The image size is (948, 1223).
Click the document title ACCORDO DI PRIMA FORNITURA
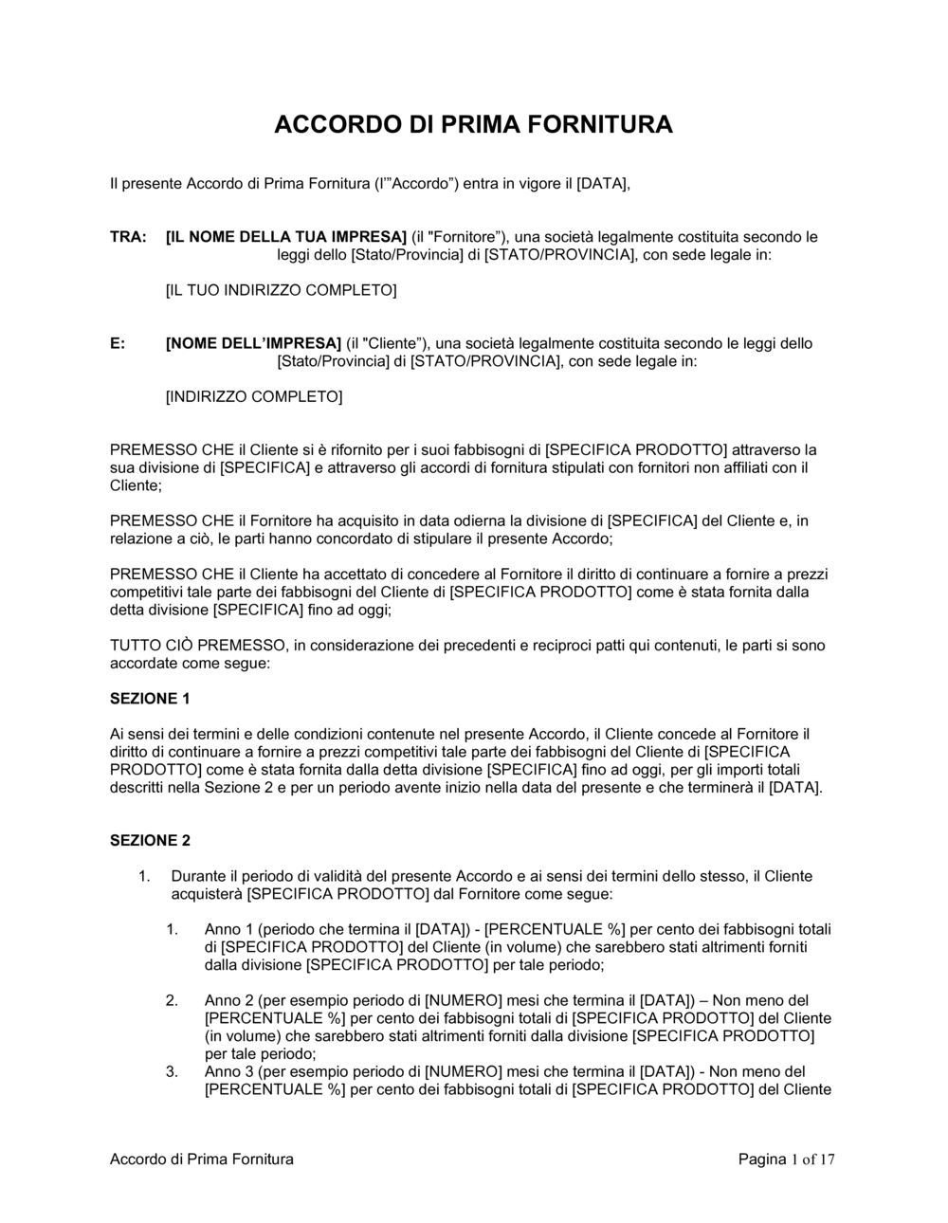pyautogui.click(x=473, y=125)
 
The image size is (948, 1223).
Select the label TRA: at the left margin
pyautogui.click(x=128, y=237)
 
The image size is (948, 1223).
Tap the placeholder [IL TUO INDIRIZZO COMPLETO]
pyautogui.click(x=281, y=290)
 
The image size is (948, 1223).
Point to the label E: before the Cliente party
pyautogui.click(x=118, y=343)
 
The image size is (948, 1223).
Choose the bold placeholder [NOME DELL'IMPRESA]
pyautogui.click(x=253, y=343)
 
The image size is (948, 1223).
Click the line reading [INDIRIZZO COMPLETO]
pyautogui.click(x=254, y=396)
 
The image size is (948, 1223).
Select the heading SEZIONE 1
pyautogui.click(x=150, y=699)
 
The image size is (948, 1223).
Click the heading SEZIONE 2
pyautogui.click(x=150, y=840)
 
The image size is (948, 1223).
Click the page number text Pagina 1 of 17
pyautogui.click(x=786, y=1159)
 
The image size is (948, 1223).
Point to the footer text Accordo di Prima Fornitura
pyautogui.click(x=202, y=1159)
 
